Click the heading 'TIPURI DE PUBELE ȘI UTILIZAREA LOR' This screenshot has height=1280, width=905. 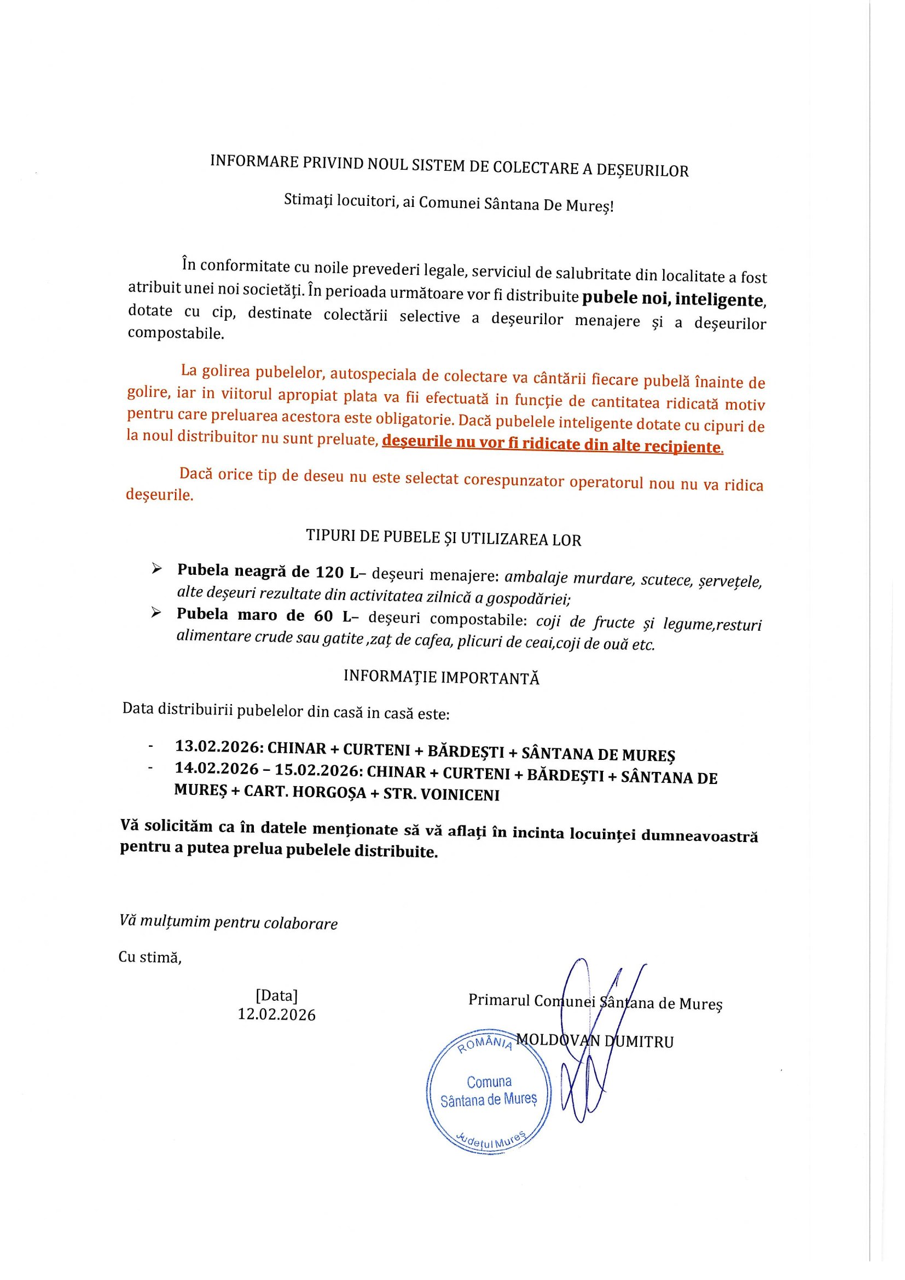pyautogui.click(x=443, y=538)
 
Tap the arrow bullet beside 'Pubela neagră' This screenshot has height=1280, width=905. pyautogui.click(x=156, y=569)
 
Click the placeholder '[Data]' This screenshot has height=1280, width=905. pyautogui.click(x=276, y=995)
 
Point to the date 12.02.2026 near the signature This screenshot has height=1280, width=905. pyautogui.click(x=276, y=1014)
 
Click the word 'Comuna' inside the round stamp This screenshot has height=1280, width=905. pyautogui.click(x=489, y=1082)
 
